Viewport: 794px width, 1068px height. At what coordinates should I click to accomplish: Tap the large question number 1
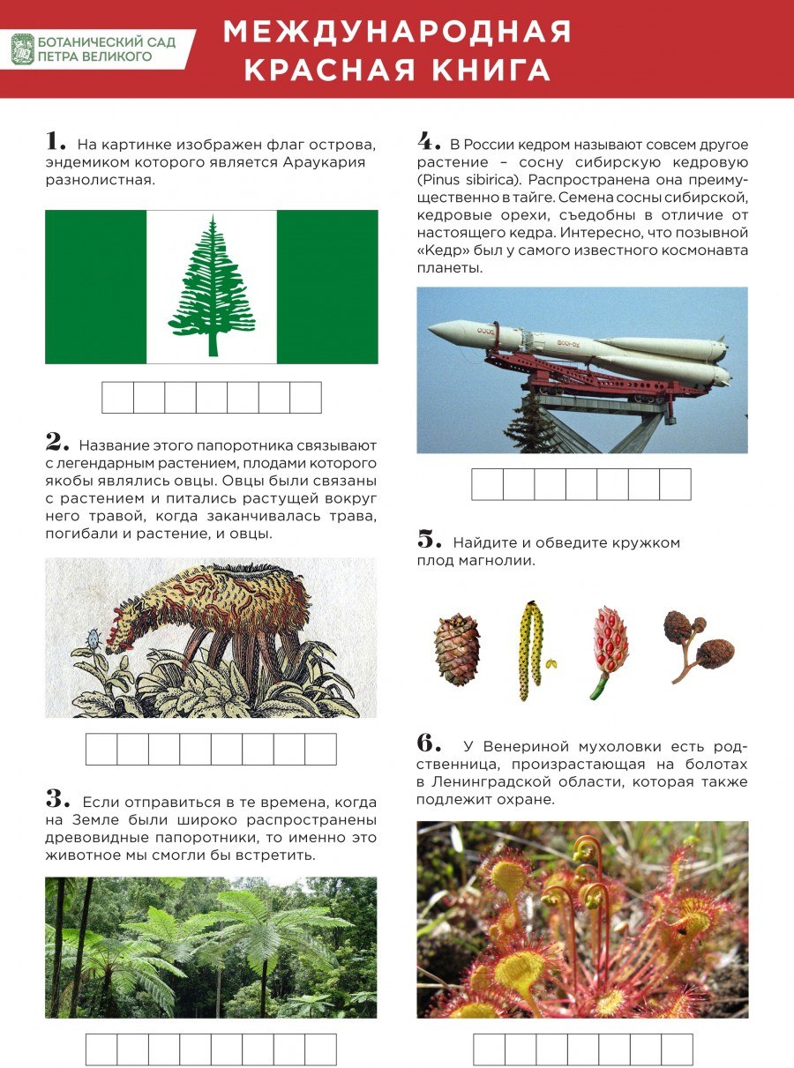pyautogui.click(x=56, y=141)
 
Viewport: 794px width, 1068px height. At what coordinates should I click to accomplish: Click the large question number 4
pyautogui.click(x=429, y=141)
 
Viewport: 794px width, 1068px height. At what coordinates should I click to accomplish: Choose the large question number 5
pyautogui.click(x=429, y=539)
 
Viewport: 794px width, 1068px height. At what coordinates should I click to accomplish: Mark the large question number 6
pyautogui.click(x=429, y=743)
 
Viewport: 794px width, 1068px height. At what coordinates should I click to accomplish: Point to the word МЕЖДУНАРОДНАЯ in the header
pyautogui.click(x=397, y=32)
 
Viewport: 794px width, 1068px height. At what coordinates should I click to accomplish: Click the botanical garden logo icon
pyautogui.click(x=22, y=49)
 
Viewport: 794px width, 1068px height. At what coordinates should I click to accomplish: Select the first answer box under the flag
pyautogui.click(x=117, y=398)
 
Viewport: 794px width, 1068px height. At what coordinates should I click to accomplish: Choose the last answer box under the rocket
pyautogui.click(x=675, y=484)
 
